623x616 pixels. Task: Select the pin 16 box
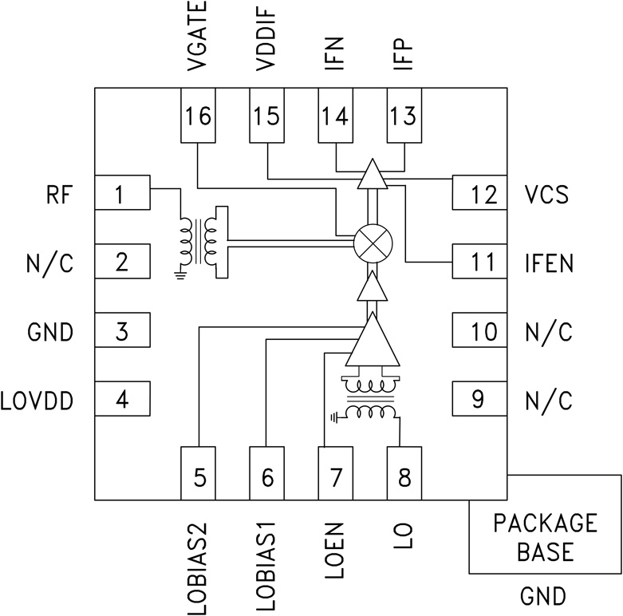click(x=199, y=116)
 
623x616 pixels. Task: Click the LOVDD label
click(x=38, y=399)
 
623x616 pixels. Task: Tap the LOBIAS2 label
click(x=199, y=568)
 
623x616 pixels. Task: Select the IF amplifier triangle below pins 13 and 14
click(x=372, y=175)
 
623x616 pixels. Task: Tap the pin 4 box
click(x=122, y=399)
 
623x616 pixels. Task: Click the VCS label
click(x=547, y=194)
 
